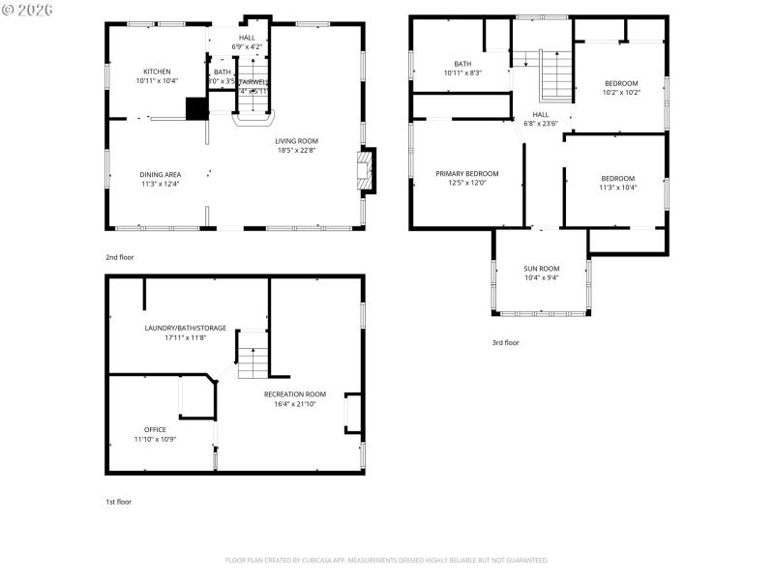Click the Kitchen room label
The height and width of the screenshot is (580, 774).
[157, 72]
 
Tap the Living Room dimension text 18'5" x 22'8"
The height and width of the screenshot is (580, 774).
[296, 150]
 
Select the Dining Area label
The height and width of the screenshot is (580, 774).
[160, 174]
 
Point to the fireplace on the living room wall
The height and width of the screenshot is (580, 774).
[366, 169]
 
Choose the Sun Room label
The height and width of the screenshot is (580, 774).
[542, 268]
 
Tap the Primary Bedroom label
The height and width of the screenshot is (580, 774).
[466, 173]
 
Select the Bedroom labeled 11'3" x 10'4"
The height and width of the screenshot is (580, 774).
[617, 178]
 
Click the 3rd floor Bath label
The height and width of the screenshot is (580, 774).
[462, 64]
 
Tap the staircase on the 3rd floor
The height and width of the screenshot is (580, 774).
[555, 74]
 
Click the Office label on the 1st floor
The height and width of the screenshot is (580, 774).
[155, 429]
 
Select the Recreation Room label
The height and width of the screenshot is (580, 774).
[295, 393]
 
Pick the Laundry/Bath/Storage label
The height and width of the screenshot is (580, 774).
[186, 328]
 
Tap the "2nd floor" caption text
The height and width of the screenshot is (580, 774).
[120, 257]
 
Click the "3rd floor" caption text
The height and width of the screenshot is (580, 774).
[505, 342]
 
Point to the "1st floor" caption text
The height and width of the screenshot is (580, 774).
[118, 502]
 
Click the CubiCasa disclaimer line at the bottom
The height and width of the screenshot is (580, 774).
[387, 560]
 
